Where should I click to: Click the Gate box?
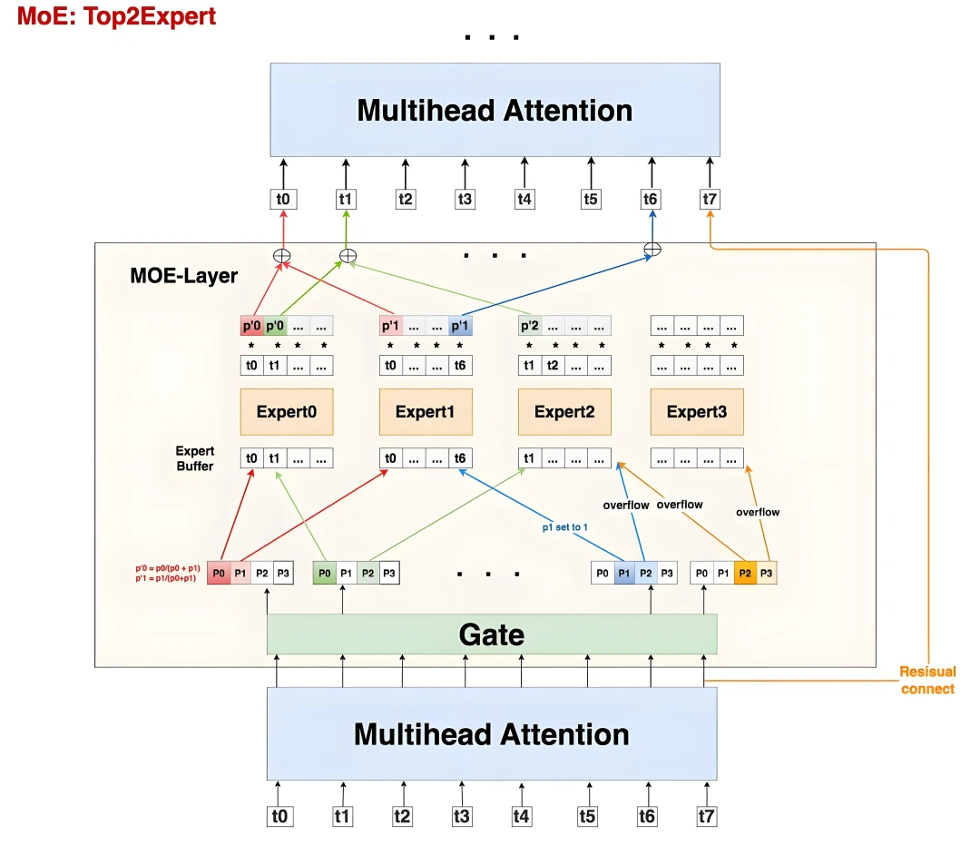coord(491,634)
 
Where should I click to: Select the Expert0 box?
coord(286,412)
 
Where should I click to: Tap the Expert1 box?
coord(425,412)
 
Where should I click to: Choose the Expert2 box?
coord(563,412)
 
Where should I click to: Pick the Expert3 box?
coord(696,412)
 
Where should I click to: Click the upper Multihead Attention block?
coord(495,111)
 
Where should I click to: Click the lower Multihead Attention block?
coord(491,733)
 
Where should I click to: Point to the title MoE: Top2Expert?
coord(117,16)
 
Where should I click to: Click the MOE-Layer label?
coord(183,276)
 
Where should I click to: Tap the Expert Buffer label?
coord(194,458)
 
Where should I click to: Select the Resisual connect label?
coord(926,681)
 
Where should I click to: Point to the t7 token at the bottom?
coord(706,816)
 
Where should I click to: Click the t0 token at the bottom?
coord(280,816)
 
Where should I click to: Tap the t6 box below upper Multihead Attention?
coord(651,199)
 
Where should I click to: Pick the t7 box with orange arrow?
coord(710,199)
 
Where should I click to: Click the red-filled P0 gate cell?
coord(218,573)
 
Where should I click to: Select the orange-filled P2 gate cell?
coord(745,573)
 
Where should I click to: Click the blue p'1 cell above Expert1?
coord(460,325)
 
